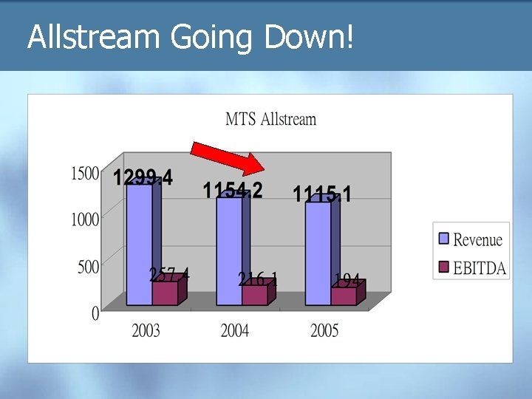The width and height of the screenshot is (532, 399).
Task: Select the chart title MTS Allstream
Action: (270, 119)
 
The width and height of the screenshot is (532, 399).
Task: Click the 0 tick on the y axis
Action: (95, 314)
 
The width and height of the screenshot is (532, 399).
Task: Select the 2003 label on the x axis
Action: (146, 330)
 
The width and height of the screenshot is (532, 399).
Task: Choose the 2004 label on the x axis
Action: (235, 330)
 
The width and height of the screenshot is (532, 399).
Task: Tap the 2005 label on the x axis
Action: (324, 330)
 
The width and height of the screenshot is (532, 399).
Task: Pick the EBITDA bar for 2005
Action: (344, 296)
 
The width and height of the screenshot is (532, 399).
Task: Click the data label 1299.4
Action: (143, 178)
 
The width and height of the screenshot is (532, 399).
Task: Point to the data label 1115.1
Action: (322, 194)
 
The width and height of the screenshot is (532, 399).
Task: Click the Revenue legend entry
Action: (470, 239)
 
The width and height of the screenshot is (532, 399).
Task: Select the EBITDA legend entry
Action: (470, 267)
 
